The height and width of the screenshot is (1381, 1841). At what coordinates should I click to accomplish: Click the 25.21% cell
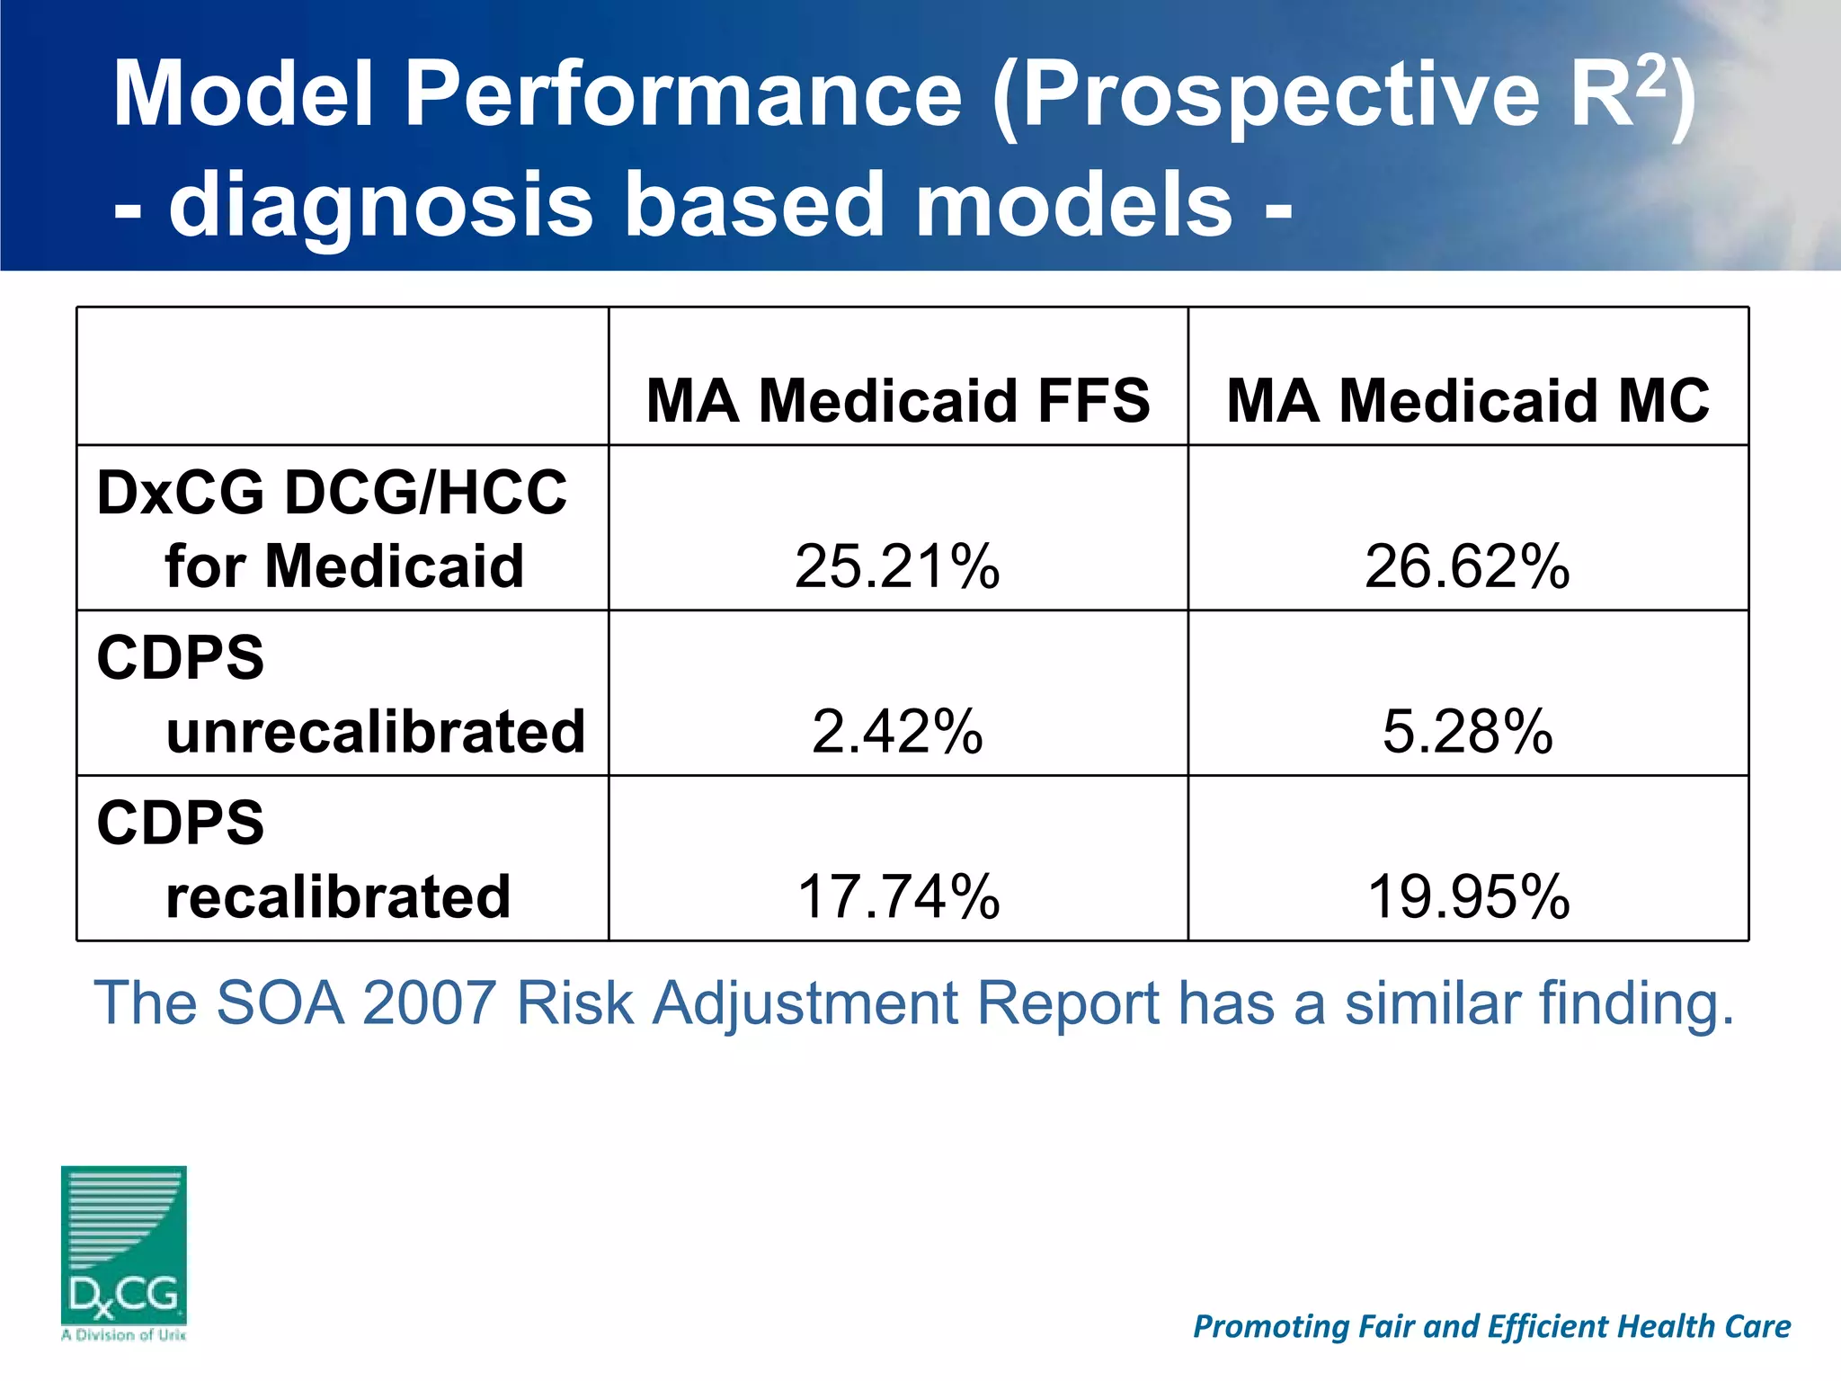pos(897,566)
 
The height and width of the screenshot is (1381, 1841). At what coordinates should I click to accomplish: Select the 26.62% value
pos(1467,566)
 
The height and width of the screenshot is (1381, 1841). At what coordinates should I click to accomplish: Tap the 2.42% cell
pos(897,731)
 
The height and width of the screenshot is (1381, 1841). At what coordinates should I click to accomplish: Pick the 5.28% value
pos(1467,731)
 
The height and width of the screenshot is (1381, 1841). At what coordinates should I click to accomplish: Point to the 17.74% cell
pos(897,896)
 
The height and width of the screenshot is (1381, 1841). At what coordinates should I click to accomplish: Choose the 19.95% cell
pos(1467,896)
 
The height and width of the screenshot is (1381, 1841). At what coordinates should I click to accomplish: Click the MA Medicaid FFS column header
pos(897,400)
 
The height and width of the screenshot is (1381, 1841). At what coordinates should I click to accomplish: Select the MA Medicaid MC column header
pos(1467,400)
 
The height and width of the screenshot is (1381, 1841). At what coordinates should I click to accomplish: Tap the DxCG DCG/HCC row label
pos(332,493)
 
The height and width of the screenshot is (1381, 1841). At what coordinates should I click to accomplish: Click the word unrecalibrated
pos(376,731)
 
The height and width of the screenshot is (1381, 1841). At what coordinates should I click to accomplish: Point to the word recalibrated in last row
pos(338,896)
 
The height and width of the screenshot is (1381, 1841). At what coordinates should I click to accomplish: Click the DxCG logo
pos(124,1250)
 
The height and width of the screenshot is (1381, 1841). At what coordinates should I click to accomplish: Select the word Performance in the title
pos(683,94)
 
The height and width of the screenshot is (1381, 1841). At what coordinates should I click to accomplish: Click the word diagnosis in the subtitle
pos(381,205)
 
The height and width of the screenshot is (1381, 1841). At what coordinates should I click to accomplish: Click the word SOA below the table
pos(280,1002)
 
